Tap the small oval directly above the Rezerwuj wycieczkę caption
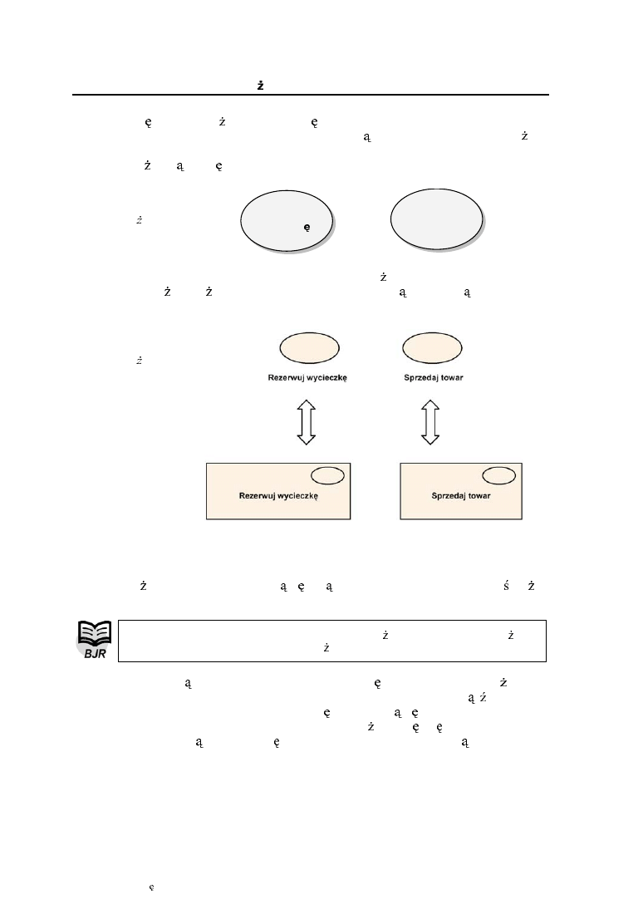click(x=309, y=347)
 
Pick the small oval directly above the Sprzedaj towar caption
click(x=433, y=347)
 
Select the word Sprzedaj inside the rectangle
click(x=448, y=495)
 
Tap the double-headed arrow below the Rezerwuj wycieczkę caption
click(x=307, y=421)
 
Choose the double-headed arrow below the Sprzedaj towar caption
click(x=429, y=421)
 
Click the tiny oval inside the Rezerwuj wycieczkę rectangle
click(x=327, y=474)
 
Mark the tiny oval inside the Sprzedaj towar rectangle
click(x=498, y=474)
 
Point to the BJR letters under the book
click(x=95, y=654)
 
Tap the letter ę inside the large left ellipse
click(x=306, y=226)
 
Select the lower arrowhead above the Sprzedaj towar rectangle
click(x=429, y=438)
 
